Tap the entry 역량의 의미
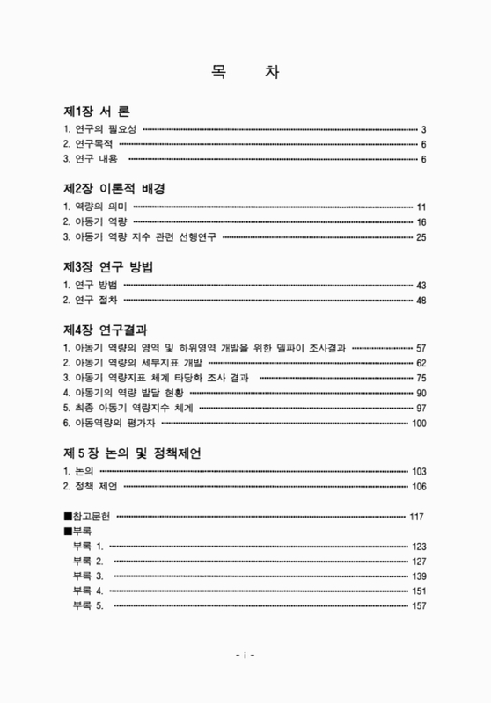(x=95, y=207)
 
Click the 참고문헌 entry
(x=88, y=517)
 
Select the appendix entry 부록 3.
(x=88, y=576)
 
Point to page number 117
(x=416, y=517)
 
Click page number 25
(x=421, y=237)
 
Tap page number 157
(x=419, y=606)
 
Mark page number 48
(x=421, y=300)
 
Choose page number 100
(x=419, y=424)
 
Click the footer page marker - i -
(x=245, y=655)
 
